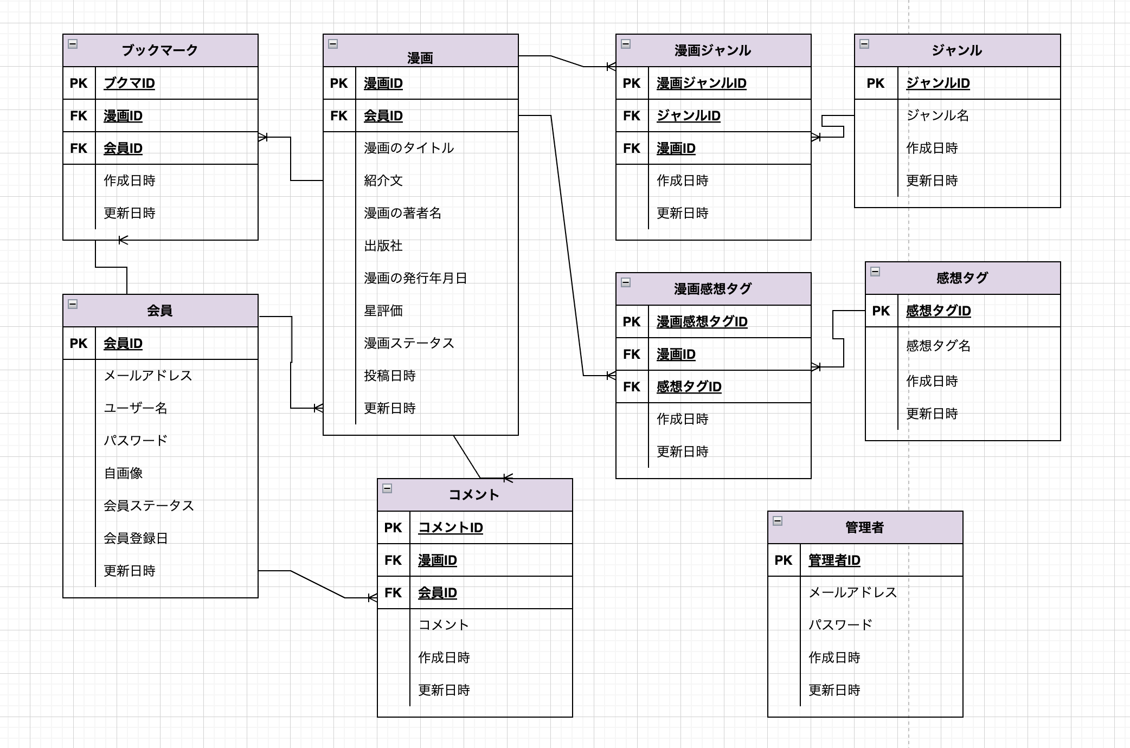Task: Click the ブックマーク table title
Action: coord(160,50)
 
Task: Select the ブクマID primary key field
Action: coord(129,83)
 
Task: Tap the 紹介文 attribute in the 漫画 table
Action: coord(383,180)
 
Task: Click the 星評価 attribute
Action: coord(383,311)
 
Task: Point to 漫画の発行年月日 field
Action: coord(415,278)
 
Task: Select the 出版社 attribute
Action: coord(383,246)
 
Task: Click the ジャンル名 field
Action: coord(938,115)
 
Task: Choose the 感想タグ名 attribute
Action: coord(938,345)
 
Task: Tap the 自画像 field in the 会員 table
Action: coord(123,473)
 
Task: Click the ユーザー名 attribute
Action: coord(136,408)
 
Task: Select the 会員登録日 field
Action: coord(136,538)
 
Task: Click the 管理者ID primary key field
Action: coord(834,560)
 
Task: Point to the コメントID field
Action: coord(450,527)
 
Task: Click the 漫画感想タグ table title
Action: coord(713,289)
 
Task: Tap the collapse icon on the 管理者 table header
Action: coord(778,521)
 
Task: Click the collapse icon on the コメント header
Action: coord(387,488)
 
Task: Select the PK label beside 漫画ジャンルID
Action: coord(632,83)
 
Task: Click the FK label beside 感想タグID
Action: coord(632,386)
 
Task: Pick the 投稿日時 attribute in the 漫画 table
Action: coord(389,376)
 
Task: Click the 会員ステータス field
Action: coord(149,506)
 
